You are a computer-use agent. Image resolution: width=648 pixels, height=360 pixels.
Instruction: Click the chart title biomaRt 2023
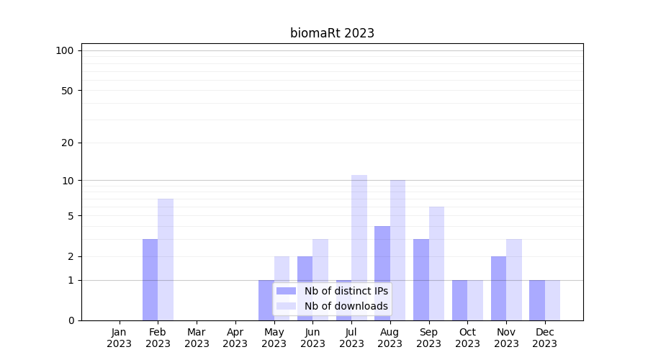332,33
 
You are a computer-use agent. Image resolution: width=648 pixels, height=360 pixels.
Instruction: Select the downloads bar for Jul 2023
359,248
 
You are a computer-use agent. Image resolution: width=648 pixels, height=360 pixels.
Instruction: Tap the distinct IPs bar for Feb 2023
150,279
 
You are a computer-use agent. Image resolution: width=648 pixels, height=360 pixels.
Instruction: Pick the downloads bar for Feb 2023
166,259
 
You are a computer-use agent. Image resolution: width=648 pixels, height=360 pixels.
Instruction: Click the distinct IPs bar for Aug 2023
382,273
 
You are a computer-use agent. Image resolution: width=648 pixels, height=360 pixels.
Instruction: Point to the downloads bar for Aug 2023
397,250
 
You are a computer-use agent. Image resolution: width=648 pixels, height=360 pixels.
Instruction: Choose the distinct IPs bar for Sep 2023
421,279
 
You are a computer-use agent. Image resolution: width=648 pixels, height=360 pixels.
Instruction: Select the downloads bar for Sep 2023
436,264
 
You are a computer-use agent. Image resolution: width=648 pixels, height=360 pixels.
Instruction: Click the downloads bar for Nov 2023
514,279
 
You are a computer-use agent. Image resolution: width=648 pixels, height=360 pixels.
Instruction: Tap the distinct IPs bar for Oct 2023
460,300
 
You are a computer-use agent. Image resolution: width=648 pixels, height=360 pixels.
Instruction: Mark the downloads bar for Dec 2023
552,300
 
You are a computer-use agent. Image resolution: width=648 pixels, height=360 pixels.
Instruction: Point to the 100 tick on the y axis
65,50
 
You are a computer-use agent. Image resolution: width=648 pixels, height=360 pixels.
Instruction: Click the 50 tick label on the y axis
68,91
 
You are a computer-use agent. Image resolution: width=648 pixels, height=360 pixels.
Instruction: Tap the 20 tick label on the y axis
68,143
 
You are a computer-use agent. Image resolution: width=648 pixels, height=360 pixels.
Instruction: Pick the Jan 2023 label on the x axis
120,338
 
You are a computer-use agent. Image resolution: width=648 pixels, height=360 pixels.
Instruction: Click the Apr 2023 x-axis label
235,338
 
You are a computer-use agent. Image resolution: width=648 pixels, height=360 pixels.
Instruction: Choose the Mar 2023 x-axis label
197,338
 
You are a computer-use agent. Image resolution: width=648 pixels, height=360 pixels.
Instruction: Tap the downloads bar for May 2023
282,288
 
